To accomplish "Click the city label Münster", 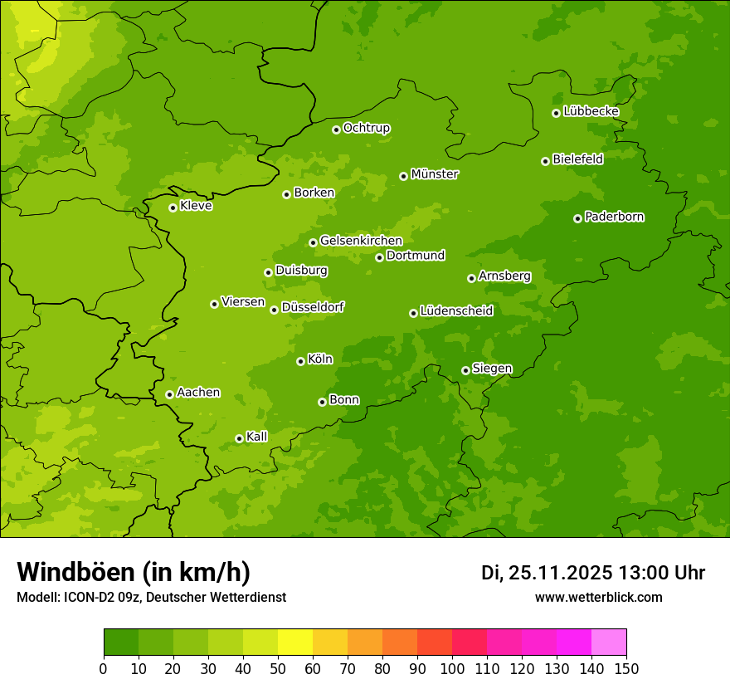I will point(435,174).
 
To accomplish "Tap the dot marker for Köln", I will point(300,361).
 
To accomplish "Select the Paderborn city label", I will point(614,217).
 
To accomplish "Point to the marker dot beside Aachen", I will point(169,394).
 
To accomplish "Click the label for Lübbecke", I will point(591,111).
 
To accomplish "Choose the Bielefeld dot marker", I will point(545,161).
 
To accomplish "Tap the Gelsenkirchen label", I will point(361,241).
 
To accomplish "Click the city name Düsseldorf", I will point(313,307).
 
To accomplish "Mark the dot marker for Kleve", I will point(173,208).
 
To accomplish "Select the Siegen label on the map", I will point(492,369).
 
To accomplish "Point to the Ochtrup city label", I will point(367,128).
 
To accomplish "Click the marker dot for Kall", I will point(239,438).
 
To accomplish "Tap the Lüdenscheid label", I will point(456,311).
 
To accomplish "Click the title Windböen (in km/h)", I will point(134,572).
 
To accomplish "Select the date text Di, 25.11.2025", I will point(547,573).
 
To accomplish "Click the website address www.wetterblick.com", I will point(598,597).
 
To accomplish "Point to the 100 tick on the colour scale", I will point(452,669).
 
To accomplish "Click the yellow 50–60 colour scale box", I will point(295,643).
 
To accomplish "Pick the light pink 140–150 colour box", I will point(609,643).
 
